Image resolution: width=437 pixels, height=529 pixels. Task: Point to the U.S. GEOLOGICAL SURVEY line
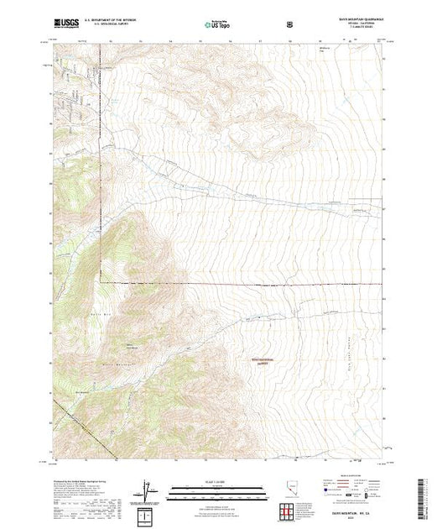[x=118, y=26]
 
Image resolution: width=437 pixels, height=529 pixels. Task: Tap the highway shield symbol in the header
[x=290, y=24]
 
